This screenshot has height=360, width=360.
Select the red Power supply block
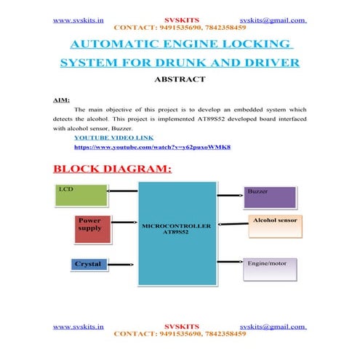point(93,228)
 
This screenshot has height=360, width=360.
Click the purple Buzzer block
point(268,197)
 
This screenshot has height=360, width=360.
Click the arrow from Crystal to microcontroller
point(124,264)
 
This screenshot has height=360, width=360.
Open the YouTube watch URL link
point(152,147)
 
